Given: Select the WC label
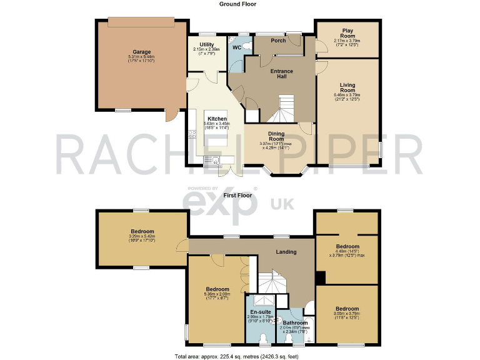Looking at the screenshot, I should point(237,47).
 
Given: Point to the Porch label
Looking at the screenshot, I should point(278,41).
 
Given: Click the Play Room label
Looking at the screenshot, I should point(347,32).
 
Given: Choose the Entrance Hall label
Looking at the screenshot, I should point(282,74).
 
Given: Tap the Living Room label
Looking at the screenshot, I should point(347,87).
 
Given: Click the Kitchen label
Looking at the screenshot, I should point(217,119).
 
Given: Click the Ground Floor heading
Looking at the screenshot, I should point(237,4).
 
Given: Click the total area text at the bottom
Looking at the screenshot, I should point(240,356).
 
